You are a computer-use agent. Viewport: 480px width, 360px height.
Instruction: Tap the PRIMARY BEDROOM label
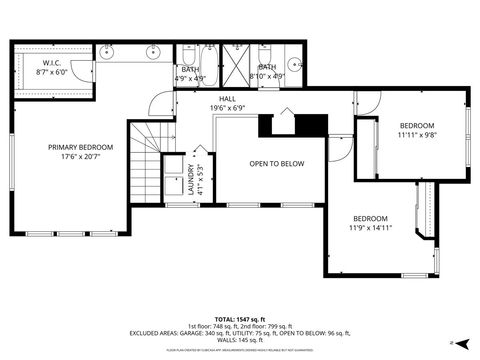81,147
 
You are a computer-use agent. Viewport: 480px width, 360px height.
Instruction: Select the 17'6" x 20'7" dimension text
81,157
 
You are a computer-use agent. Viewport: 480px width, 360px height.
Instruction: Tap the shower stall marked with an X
238,56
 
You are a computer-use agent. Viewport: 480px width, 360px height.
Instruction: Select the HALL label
229,98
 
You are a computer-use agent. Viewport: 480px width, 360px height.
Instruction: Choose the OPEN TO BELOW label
277,163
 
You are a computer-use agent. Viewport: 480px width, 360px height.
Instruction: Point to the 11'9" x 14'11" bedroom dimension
370,228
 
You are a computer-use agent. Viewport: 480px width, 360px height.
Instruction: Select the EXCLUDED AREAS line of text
240,333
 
